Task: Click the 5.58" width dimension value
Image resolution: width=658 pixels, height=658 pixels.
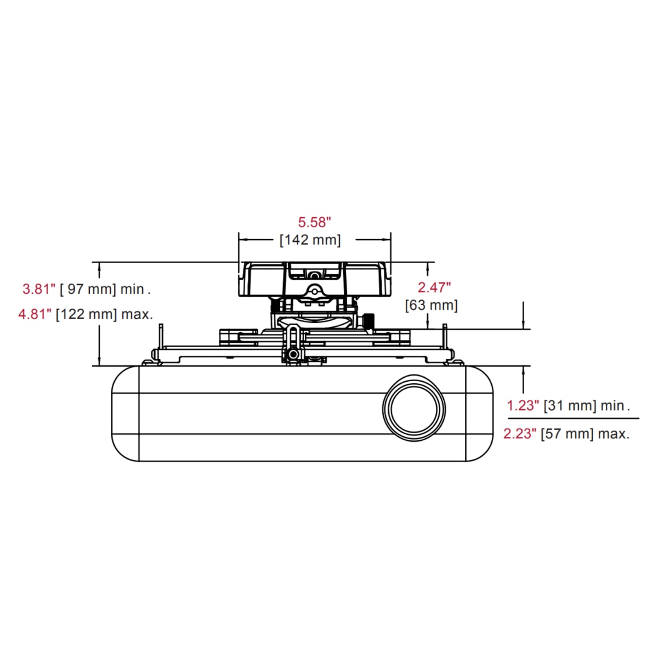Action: (315, 222)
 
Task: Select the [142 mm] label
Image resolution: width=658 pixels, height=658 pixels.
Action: (310, 240)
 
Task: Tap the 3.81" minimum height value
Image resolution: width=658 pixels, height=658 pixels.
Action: (38, 289)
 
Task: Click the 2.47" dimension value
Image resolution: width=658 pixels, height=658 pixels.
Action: (434, 287)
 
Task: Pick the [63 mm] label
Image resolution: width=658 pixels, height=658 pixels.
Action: (431, 305)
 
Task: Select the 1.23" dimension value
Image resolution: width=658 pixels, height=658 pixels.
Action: (521, 406)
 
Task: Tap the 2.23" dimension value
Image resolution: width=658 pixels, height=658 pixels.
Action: (519, 434)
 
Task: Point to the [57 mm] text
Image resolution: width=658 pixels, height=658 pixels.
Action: (567, 434)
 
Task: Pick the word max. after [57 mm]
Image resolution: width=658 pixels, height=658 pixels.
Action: (614, 434)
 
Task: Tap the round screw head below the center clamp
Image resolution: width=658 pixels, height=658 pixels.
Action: (294, 355)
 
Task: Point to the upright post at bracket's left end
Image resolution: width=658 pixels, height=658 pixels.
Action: (161, 337)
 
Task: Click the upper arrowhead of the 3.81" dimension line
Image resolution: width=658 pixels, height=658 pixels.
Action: (99, 267)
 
